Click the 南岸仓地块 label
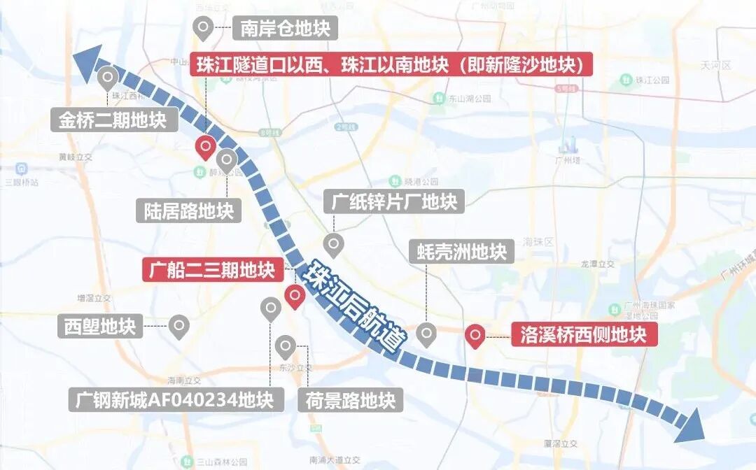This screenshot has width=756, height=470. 284,29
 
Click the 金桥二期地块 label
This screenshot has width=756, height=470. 112,120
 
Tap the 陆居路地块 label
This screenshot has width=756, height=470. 188,210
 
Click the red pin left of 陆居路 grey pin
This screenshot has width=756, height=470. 204,148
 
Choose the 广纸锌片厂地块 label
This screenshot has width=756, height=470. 391,202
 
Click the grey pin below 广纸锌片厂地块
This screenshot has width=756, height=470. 334,245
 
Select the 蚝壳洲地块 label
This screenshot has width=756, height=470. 461,251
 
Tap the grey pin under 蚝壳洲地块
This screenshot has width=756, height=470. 426,334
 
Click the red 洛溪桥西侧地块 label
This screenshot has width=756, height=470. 583,335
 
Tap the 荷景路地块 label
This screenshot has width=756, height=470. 351,401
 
